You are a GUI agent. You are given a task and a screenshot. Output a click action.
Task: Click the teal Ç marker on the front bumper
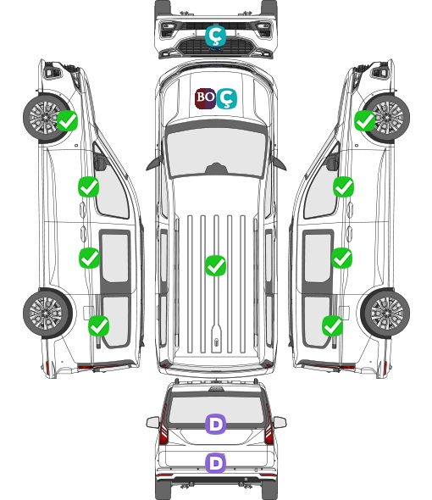pos(215,36)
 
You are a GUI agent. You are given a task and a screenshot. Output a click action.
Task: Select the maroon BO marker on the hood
pos(205,98)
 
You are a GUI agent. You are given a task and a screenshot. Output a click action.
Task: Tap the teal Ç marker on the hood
pos(226,98)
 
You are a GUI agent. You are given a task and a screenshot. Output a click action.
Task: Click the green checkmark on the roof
pos(215,265)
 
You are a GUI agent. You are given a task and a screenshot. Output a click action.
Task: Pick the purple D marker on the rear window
pos(215,424)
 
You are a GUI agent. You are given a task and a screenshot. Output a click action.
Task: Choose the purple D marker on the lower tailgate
pos(215,463)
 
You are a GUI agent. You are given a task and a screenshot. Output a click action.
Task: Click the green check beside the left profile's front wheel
pos(67,120)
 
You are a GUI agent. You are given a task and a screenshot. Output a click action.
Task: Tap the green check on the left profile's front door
pos(89,186)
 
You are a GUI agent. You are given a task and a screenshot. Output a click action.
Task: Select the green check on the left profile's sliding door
pos(89,258)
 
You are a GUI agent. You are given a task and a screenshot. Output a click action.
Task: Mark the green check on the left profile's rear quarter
pos(98,325)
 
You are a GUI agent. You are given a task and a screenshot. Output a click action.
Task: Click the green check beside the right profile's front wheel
pos(365,120)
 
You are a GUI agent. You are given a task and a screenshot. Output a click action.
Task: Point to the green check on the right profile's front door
pos(343,186)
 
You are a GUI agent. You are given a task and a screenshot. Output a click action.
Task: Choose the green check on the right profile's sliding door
pos(341,258)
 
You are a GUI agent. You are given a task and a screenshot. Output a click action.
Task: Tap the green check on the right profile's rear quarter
pos(333,325)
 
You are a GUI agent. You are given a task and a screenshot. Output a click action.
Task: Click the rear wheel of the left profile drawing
pos(47,313)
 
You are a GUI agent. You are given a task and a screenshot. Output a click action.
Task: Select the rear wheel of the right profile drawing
pos(385,313)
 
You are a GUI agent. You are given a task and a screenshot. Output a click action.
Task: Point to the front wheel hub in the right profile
pos(386,117)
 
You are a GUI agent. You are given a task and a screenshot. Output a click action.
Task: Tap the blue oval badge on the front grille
pos(216,49)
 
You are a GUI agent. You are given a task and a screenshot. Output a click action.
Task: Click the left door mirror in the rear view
pos(152,422)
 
